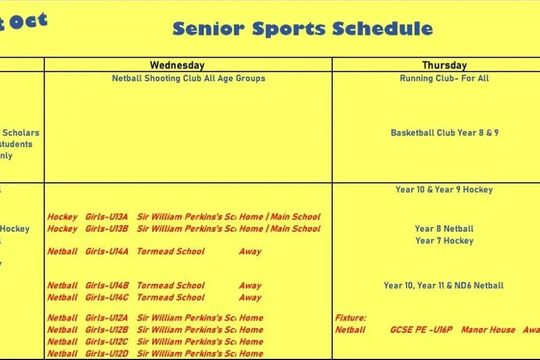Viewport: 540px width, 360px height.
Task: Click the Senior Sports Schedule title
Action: coord(303,28)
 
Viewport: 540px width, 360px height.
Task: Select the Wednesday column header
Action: coord(177,65)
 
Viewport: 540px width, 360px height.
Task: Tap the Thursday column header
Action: coord(444,65)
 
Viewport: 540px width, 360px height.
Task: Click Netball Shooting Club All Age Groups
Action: coord(188,78)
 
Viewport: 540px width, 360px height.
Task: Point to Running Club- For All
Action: coord(444,78)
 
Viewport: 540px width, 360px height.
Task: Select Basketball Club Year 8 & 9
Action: coord(444,132)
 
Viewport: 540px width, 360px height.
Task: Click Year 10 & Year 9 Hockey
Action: coord(444,189)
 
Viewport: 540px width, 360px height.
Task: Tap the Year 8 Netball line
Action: coord(444,229)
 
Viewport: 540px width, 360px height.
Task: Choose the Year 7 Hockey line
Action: coord(444,240)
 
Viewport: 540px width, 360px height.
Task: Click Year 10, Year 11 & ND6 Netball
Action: coord(444,285)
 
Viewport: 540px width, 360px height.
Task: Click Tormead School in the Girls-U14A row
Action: coord(171,251)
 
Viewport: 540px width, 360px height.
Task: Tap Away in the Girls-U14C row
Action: coord(250,297)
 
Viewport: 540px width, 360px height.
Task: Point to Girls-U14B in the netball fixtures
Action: coord(107,286)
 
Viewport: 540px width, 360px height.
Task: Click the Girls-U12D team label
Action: coord(107,354)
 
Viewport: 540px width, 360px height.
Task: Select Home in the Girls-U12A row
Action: coord(251,318)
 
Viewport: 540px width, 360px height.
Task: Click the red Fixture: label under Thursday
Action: coord(351,318)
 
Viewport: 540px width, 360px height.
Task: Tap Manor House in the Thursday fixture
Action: coord(488,330)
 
